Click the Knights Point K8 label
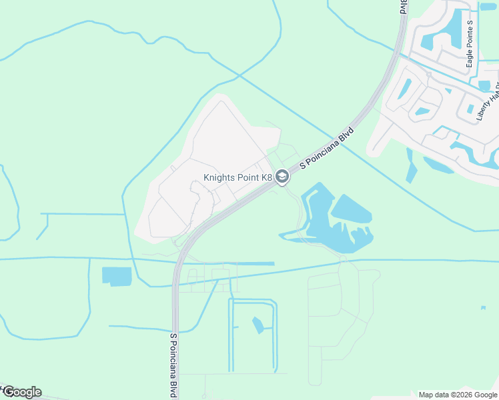coord(238,177)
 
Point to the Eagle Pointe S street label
coord(470,43)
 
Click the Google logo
coord(22,392)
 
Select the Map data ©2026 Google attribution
coord(458,395)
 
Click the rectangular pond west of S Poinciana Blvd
coord(117,276)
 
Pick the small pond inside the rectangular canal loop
coord(258,325)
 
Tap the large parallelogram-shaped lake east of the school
coord(352,210)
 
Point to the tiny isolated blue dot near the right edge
coord(482,308)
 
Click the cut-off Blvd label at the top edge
coord(404,7)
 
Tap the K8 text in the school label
coord(266,177)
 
